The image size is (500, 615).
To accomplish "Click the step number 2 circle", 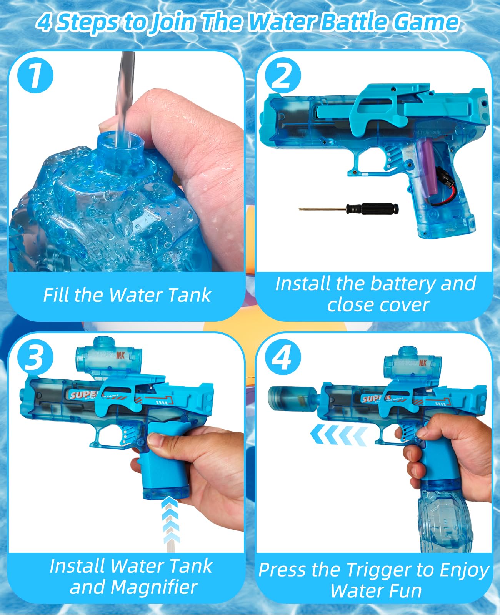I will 283,76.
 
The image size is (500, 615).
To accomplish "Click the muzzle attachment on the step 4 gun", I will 292,398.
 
